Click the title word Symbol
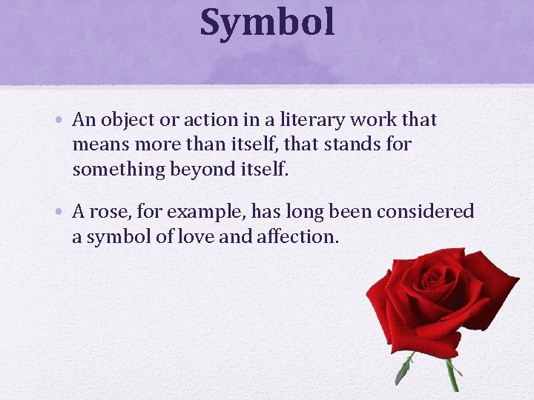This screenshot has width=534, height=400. coord(267,22)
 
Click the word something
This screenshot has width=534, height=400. coord(119,170)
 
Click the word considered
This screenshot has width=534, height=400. coord(425,213)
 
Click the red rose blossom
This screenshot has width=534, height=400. coord(438,296)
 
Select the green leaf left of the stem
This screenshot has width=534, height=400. coord(404,369)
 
